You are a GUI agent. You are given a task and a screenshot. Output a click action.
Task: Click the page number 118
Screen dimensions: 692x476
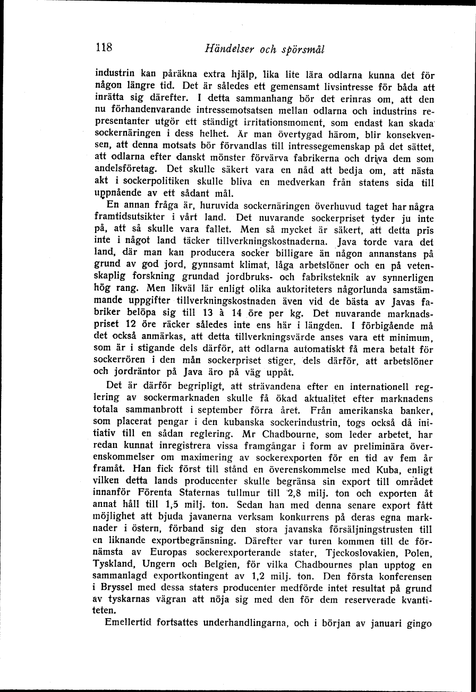click(x=104, y=47)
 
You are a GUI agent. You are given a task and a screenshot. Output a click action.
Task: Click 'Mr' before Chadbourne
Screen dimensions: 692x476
click(x=249, y=433)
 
